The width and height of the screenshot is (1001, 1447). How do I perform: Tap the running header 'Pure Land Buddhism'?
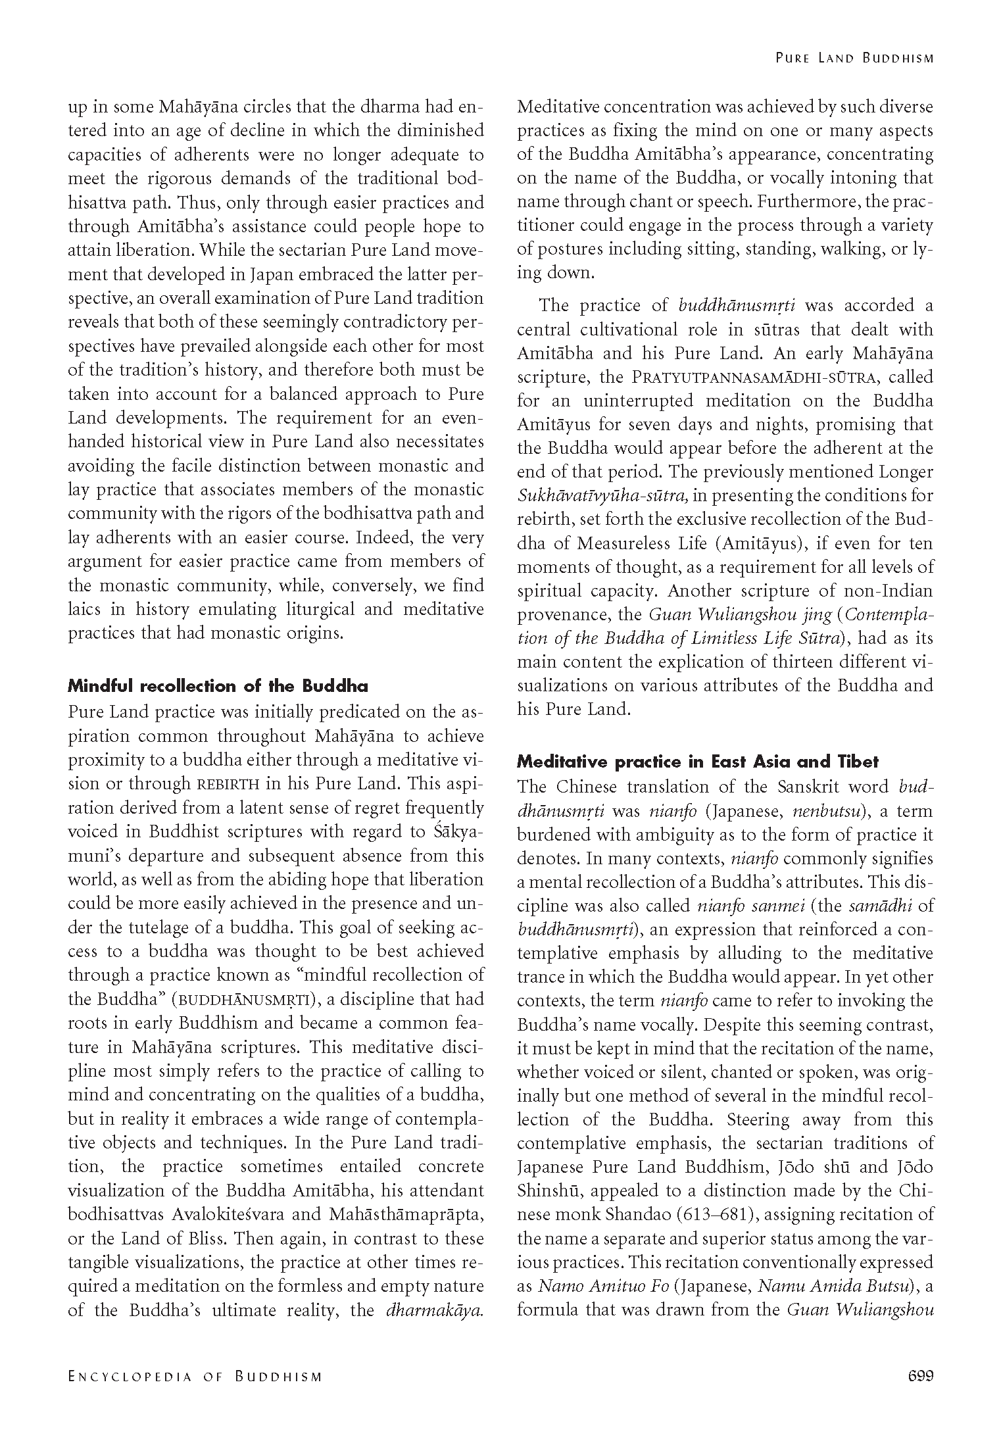(854, 58)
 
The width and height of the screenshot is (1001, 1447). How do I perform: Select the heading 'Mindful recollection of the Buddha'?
(218, 686)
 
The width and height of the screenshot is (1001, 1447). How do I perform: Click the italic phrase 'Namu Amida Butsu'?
(834, 1286)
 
